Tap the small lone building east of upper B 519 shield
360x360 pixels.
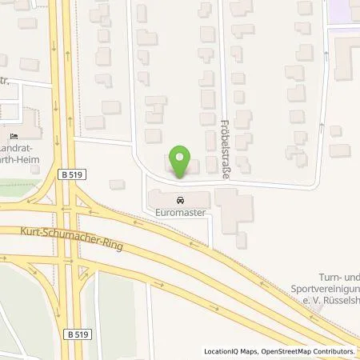(x=117, y=184)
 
